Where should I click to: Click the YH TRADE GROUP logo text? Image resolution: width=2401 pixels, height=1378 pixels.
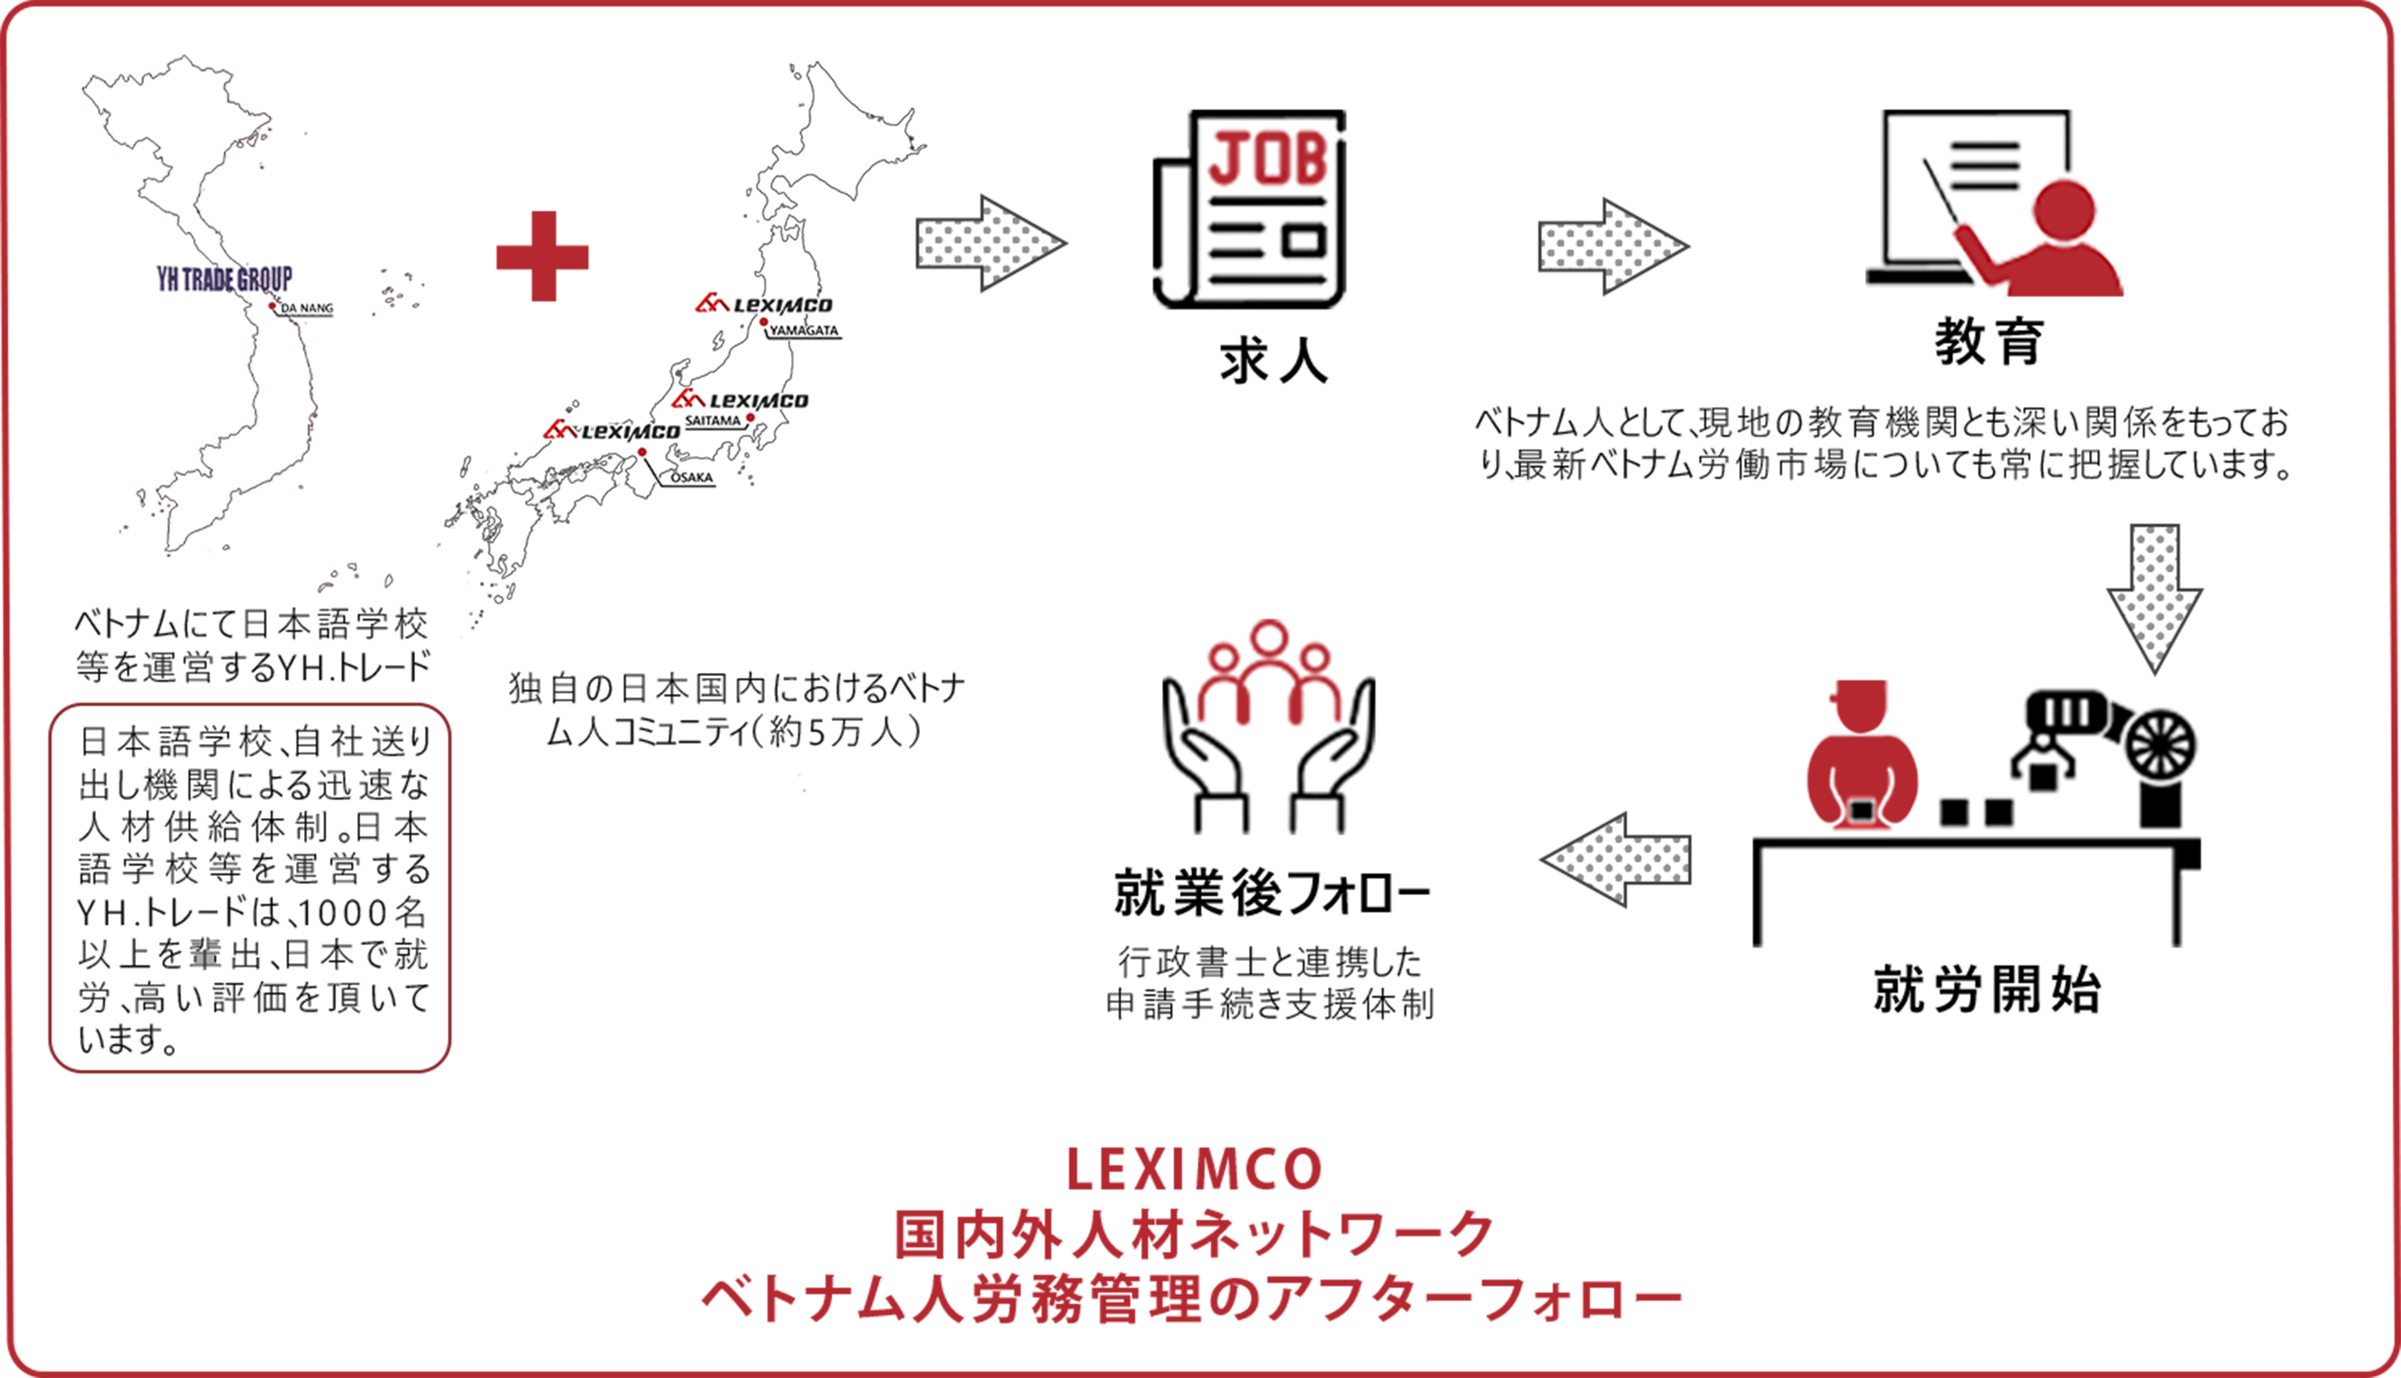tap(224, 279)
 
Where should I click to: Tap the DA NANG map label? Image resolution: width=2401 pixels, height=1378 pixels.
tap(306, 309)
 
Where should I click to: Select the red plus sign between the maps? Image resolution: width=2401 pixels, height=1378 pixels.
tap(543, 256)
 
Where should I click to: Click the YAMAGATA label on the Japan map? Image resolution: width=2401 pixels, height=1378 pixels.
tap(804, 331)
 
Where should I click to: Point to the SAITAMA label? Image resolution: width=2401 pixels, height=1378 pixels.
tap(713, 420)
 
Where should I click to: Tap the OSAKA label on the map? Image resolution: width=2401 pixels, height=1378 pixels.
tap(691, 478)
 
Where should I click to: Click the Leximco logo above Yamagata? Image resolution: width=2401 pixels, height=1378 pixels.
tap(764, 305)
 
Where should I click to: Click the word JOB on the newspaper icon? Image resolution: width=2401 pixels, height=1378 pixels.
tap(1269, 159)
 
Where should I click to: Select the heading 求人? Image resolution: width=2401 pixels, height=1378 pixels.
tap(1273, 362)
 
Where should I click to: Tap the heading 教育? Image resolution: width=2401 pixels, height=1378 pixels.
tap(1988, 342)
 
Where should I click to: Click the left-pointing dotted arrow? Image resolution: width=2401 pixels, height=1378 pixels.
tap(1617, 861)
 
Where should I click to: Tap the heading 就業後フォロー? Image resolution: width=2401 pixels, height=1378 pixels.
tap(1271, 894)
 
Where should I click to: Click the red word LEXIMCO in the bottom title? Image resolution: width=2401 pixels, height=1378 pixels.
tap(1195, 1170)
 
